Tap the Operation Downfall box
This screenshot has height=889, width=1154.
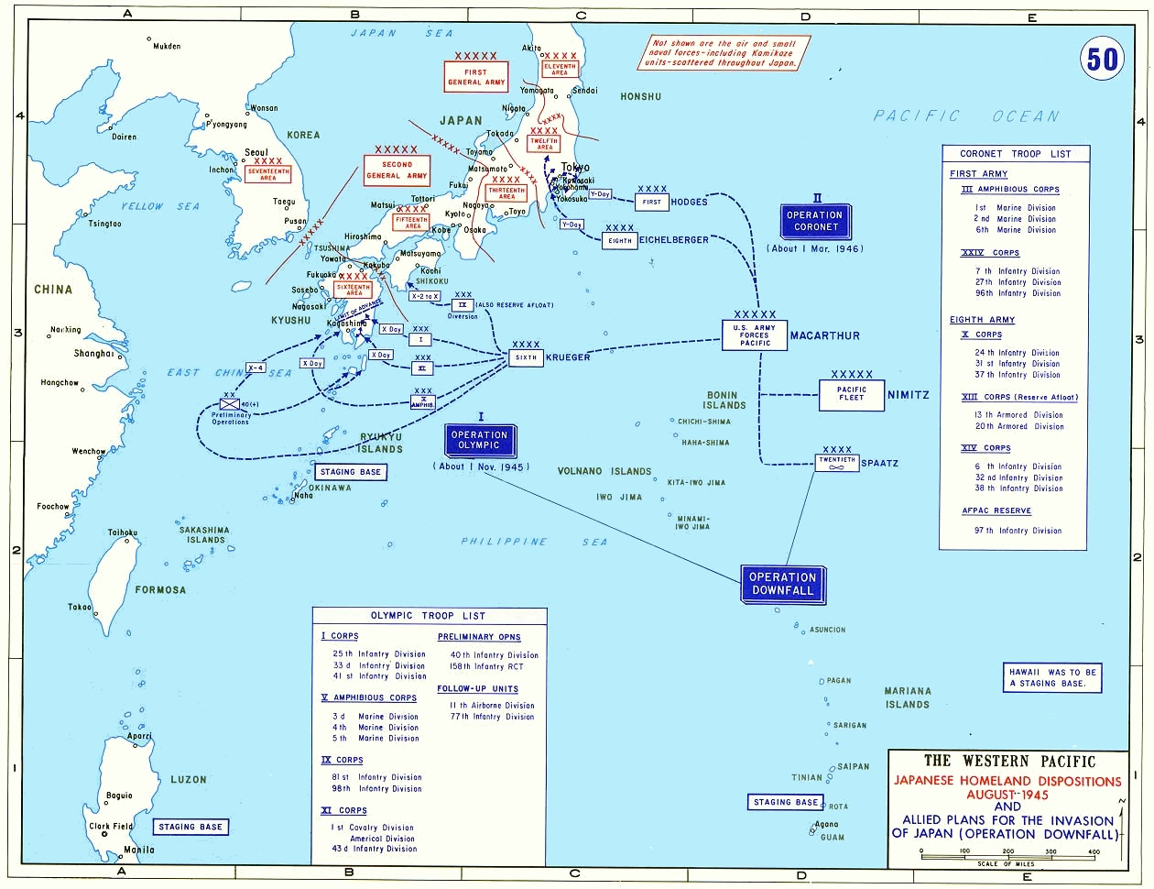pyautogui.click(x=782, y=584)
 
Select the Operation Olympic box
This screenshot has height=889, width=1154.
pyautogui.click(x=479, y=440)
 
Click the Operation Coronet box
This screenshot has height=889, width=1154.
pyautogui.click(x=815, y=221)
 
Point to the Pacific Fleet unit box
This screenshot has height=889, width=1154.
pyautogui.click(x=851, y=394)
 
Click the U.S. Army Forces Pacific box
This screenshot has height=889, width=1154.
pyautogui.click(x=757, y=335)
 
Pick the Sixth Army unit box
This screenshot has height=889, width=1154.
pyautogui.click(x=526, y=357)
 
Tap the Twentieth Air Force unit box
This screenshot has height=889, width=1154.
pyautogui.click(x=836, y=462)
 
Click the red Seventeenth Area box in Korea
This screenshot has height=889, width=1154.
pyautogui.click(x=267, y=174)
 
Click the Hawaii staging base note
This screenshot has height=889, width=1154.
pyautogui.click(x=1051, y=677)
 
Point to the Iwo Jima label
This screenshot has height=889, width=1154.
pyautogui.click(x=618, y=498)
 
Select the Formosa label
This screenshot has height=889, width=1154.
pyautogui.click(x=160, y=590)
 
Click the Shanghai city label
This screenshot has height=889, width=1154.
pyautogui.click(x=94, y=353)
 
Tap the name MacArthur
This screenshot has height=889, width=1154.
pyautogui.click(x=824, y=335)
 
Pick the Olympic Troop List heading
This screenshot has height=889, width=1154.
pyautogui.click(x=428, y=616)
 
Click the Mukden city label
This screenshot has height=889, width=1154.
pyautogui.click(x=167, y=46)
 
